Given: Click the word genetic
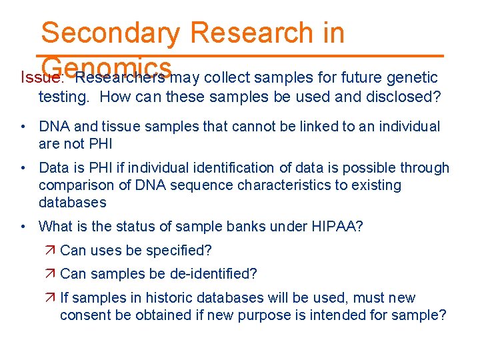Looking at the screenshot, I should [413, 77].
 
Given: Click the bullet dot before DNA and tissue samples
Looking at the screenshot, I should [23, 127].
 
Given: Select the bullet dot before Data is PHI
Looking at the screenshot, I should [23, 168].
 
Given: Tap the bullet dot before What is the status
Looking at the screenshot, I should [23, 226].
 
